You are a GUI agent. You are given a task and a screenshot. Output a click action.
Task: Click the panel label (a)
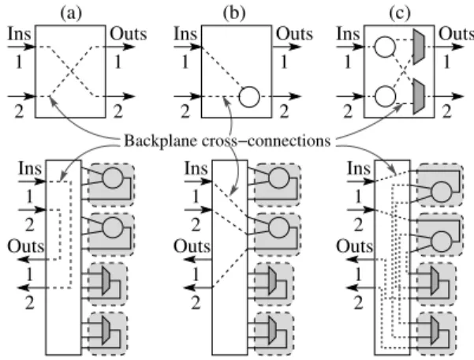[x=71, y=13]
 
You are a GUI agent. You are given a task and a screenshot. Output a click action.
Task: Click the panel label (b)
[x=234, y=13]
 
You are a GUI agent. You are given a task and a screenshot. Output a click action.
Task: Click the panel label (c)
[x=400, y=13]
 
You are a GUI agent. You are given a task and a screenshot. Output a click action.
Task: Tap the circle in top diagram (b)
[x=249, y=97]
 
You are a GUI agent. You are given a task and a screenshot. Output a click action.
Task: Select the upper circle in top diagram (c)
[x=385, y=47]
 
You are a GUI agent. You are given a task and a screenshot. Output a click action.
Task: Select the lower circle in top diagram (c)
[x=385, y=96]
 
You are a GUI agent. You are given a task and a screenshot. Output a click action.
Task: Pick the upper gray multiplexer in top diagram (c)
[x=419, y=47]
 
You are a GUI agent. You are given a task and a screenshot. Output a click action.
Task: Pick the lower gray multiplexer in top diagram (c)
[x=419, y=96]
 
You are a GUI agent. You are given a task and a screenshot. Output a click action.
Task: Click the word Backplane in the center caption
[x=161, y=141]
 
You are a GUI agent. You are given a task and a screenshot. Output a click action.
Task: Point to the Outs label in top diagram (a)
[x=129, y=34]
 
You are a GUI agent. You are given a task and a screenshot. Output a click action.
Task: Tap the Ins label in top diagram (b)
[x=185, y=34]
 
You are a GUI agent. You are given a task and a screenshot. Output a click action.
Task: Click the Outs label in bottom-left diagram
[x=26, y=246]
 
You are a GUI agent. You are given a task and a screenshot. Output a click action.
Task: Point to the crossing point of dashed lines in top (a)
[x=71, y=71]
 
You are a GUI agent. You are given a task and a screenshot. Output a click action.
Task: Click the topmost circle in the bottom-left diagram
[x=113, y=178]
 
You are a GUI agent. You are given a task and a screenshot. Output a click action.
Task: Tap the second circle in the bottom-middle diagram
[x=278, y=228]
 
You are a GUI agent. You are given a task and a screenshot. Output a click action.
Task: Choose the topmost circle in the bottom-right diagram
[x=442, y=192]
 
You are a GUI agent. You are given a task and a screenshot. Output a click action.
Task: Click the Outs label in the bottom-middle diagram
[x=192, y=246]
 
